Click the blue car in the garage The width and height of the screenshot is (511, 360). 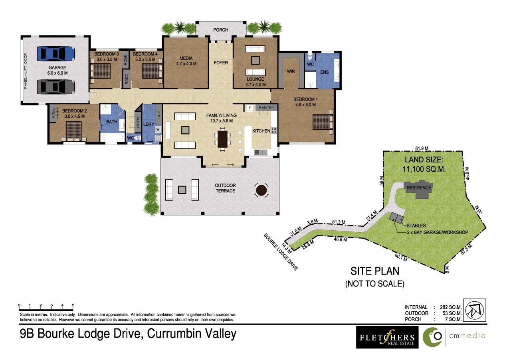pos(55,54)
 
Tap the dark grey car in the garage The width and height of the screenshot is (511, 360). pos(55,87)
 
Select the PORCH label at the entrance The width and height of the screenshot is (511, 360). pos(221,30)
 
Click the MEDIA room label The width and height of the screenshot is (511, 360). pos(186,58)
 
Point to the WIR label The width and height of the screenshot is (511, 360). pos(291,71)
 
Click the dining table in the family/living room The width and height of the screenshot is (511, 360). pos(222,139)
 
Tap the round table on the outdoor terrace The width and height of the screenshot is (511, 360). pos(261,190)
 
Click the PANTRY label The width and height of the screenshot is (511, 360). pos(266,108)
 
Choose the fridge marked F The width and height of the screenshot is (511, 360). pos(250,108)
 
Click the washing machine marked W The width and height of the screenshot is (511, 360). pos(158,130)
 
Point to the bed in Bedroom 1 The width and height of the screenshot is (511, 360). pos(323,122)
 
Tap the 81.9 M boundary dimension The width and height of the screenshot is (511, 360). pos(422,148)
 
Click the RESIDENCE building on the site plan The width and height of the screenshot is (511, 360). pos(419,189)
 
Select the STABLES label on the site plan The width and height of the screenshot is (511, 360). pos(416,225)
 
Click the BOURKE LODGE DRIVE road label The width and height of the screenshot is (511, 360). pos(281,252)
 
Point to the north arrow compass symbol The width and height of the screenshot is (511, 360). pos(475,310)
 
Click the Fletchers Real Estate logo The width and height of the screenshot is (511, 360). pos(387,337)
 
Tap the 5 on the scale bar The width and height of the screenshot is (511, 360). pos(73,305)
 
